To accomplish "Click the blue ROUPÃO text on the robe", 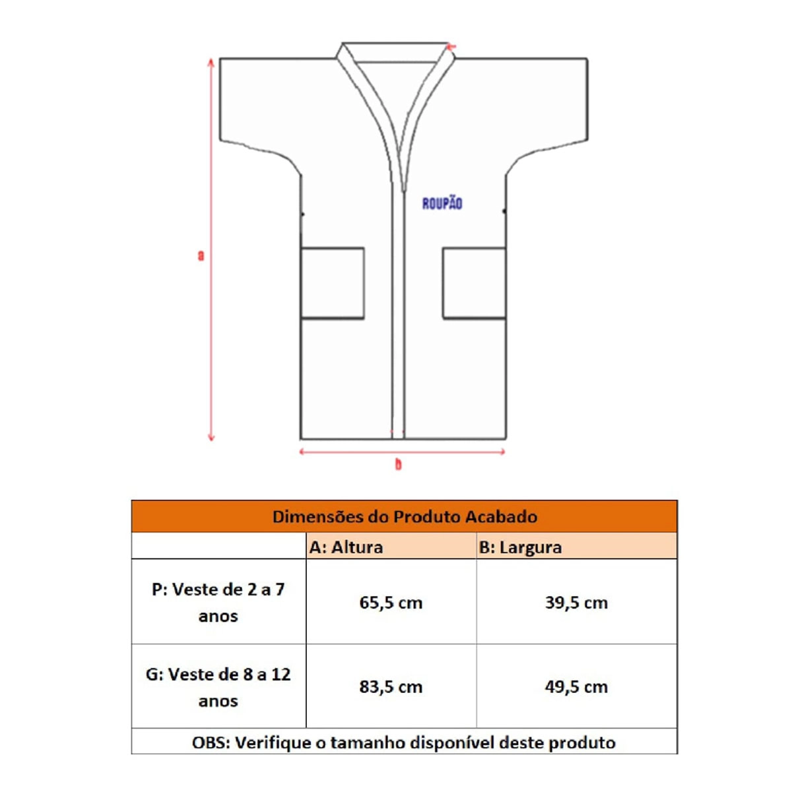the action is click(x=442, y=203).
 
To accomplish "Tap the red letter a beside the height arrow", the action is click(x=201, y=255).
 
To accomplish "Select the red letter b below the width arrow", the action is click(x=398, y=465).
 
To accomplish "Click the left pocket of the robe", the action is click(x=333, y=282).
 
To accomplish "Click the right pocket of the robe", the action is click(x=475, y=282).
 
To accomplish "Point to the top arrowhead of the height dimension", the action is click(x=211, y=61).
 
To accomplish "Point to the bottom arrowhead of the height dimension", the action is click(x=211, y=438).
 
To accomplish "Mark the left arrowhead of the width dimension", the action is click(x=302, y=452).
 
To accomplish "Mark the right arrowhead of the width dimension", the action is click(x=502, y=452).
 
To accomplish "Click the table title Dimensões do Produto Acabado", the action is click(x=405, y=517).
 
